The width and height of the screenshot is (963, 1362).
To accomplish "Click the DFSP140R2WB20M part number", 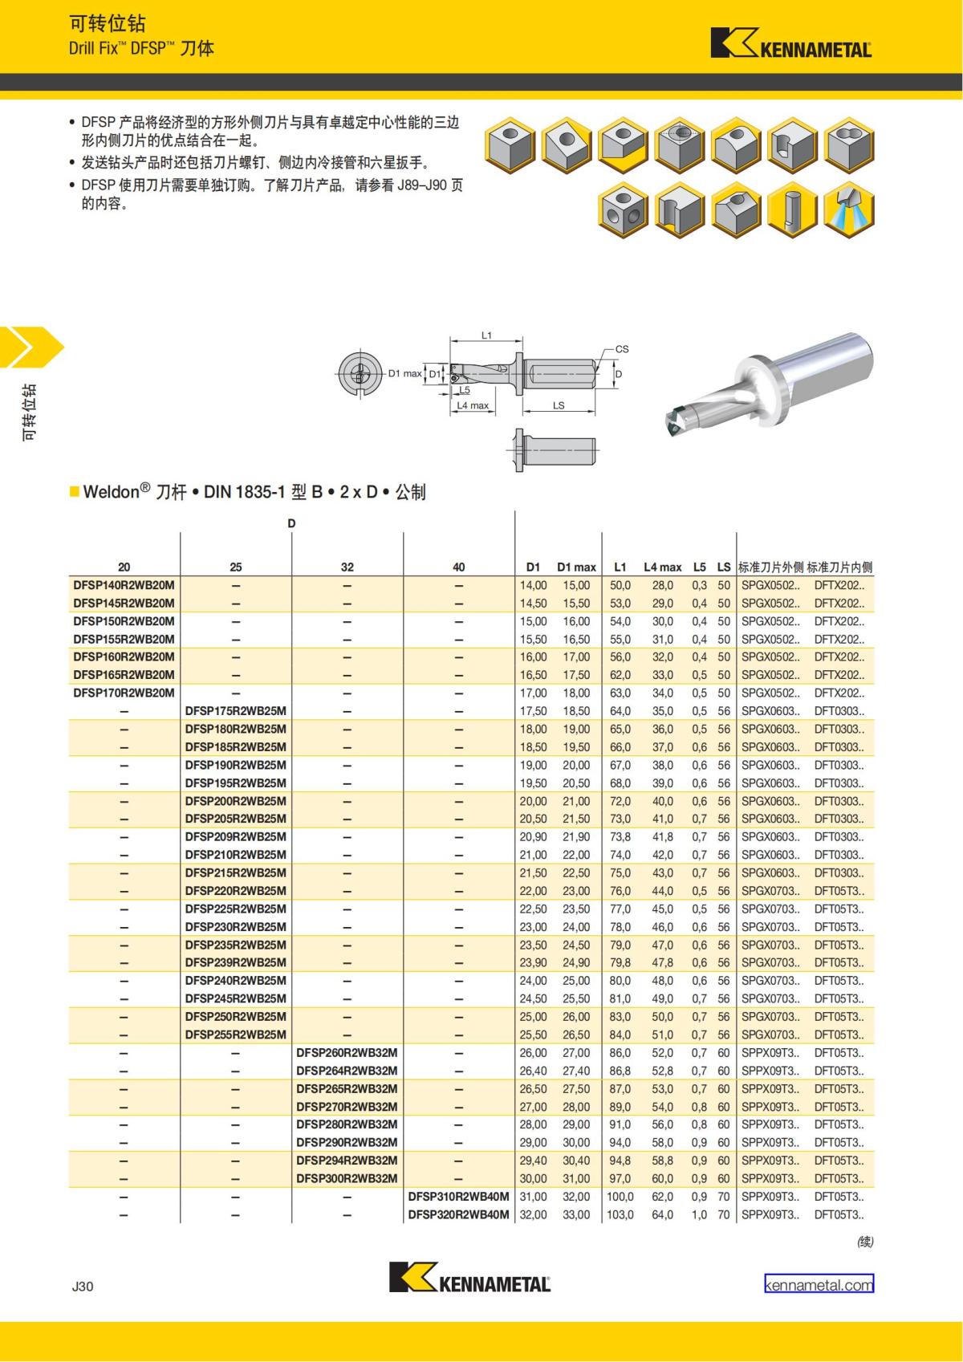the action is click(124, 585).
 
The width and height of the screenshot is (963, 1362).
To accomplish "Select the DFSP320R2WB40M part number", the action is click(458, 1214).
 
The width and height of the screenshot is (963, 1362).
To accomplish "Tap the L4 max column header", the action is click(663, 567).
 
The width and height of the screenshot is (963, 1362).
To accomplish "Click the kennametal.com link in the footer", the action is click(819, 1285).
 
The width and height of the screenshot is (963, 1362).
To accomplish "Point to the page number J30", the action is click(83, 1286).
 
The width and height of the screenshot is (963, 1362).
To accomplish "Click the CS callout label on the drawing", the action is click(622, 349).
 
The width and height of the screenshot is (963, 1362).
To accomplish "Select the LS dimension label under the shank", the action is click(559, 405).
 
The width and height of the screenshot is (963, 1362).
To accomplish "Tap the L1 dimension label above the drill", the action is click(486, 335).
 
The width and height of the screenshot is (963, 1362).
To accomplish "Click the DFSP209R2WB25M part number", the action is click(236, 836).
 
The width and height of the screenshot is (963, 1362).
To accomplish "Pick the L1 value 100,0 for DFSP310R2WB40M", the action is click(620, 1197).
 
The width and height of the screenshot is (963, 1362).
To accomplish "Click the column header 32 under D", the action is click(347, 567).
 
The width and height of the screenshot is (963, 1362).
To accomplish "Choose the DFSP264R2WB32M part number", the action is click(347, 1071).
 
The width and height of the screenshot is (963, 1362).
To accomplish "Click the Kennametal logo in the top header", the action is click(791, 43).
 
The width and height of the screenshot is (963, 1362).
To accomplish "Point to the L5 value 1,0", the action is click(699, 1214).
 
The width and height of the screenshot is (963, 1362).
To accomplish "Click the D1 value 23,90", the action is click(533, 962).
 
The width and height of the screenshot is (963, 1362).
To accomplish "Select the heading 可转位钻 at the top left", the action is click(108, 24).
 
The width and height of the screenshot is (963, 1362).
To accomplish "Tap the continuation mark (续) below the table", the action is click(865, 1242).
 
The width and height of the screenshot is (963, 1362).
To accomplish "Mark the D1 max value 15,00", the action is click(575, 585).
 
